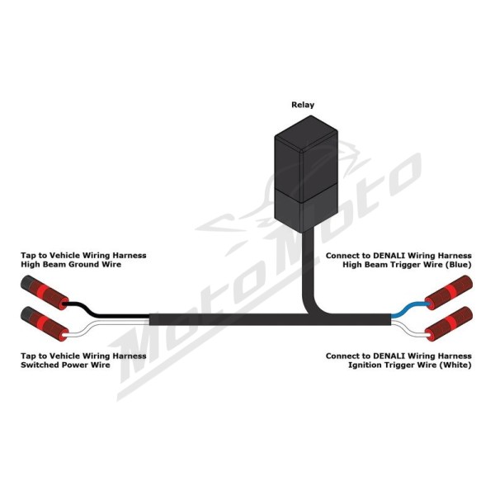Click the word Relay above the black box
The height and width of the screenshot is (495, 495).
pos(303,105)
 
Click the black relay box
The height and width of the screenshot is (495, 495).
pos(306,174)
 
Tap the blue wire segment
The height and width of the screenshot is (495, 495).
pos(409,309)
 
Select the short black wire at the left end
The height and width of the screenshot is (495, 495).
pos(105,310)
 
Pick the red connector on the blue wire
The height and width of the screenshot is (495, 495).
pos(449,292)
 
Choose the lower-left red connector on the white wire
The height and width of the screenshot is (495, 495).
pos(45,324)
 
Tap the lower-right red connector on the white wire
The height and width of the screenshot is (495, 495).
pos(449,324)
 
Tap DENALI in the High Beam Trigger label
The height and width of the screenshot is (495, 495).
pos(387,256)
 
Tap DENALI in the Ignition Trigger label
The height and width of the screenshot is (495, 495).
pos(387,356)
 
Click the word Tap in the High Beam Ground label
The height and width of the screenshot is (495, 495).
pos(28,256)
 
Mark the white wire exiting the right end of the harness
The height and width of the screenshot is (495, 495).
pos(410,329)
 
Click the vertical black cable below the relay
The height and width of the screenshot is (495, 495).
pos(309,271)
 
